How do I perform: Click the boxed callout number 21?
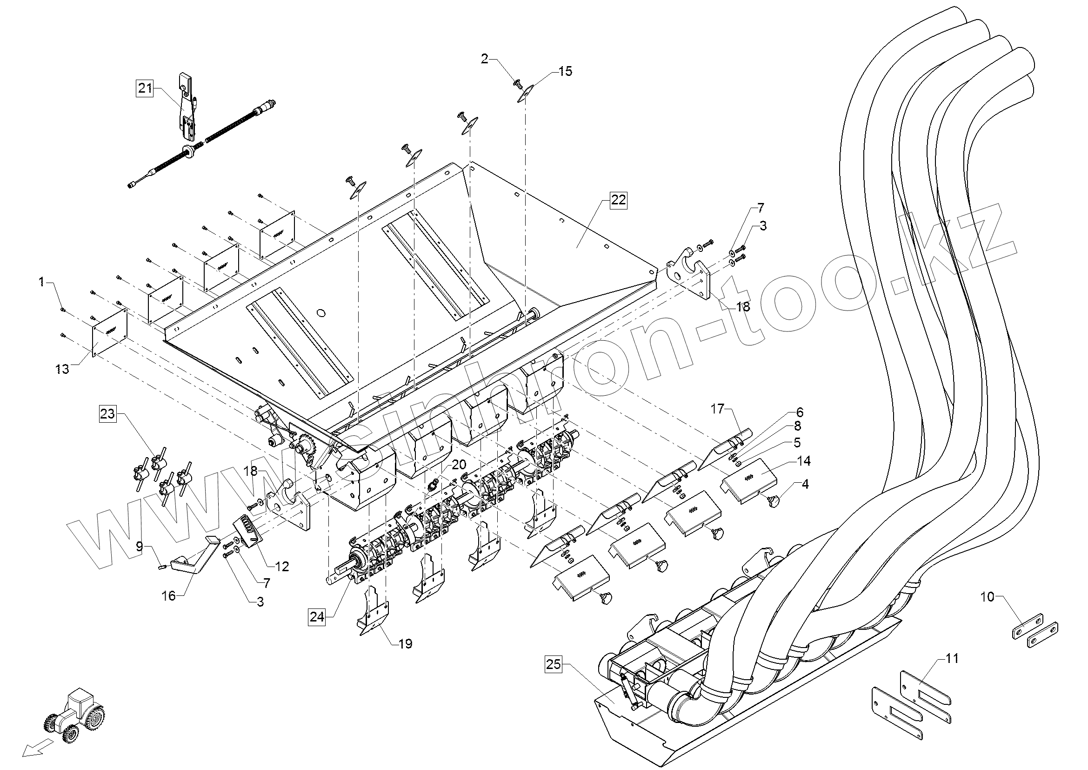[x=145, y=88]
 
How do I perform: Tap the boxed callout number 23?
[x=107, y=413]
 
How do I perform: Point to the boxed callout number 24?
[x=317, y=617]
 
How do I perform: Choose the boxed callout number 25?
[x=553, y=664]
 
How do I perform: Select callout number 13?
[x=62, y=368]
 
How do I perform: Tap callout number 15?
[x=565, y=71]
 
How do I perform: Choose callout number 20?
[x=459, y=464]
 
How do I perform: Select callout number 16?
[x=169, y=595]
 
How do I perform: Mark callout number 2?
[x=484, y=59]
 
